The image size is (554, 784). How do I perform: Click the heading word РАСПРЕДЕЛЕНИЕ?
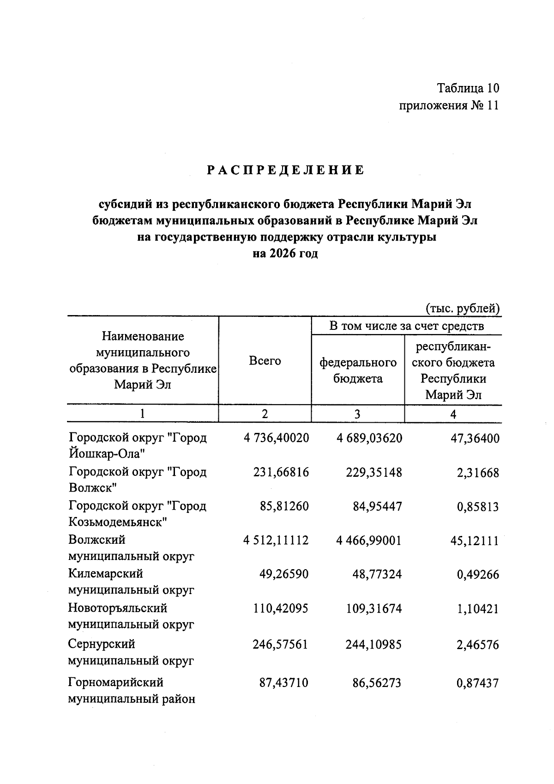pyautogui.click(x=285, y=170)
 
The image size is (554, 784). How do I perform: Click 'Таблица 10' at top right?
pyautogui.click(x=468, y=88)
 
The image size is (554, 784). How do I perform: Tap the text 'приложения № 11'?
pyautogui.click(x=449, y=106)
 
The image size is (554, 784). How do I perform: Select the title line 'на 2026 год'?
pyautogui.click(x=285, y=254)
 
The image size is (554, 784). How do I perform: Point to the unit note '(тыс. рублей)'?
pyautogui.click(x=463, y=308)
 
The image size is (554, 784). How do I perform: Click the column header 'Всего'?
pyautogui.click(x=265, y=361)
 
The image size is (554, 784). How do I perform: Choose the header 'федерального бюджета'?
pyautogui.click(x=358, y=371)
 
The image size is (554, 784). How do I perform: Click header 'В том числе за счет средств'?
pyautogui.click(x=406, y=326)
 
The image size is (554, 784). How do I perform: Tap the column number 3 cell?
pyautogui.click(x=357, y=414)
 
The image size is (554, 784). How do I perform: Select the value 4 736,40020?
pyautogui.click(x=276, y=438)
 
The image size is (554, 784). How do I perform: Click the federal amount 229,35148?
pyautogui.click(x=373, y=472)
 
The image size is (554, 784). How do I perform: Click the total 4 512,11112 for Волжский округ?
pyautogui.click(x=276, y=540)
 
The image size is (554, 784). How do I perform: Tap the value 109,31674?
pyautogui.click(x=373, y=609)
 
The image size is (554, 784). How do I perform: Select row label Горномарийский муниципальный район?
pyautogui.click(x=132, y=691)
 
